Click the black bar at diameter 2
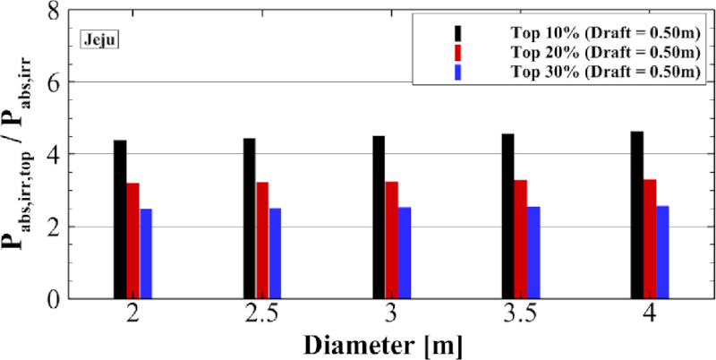[120, 219]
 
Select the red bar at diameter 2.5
[262, 240]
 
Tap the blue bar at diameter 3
[404, 253]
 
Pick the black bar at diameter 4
[636, 215]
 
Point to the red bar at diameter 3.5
[520, 239]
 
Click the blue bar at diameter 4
[663, 253]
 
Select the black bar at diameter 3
[379, 217]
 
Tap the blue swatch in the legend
[457, 72]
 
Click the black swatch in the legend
[457, 32]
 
